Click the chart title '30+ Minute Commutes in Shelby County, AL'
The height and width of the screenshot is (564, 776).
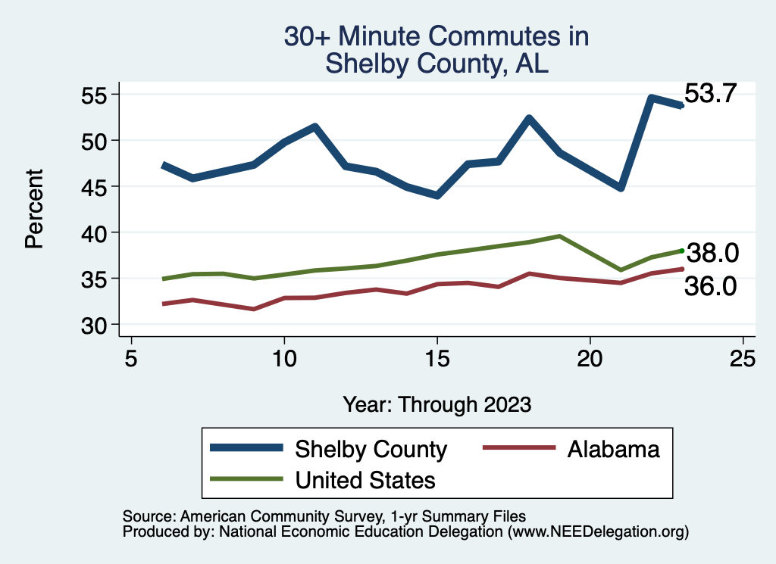[436, 50]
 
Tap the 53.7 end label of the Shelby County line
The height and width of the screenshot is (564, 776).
[710, 94]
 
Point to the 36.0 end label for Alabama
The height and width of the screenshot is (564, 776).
[710, 286]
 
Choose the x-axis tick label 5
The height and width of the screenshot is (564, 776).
[131, 358]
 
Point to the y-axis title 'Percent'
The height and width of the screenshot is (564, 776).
[33, 210]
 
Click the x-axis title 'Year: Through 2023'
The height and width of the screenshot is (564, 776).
[436, 404]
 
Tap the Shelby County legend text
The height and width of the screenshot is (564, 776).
[371, 450]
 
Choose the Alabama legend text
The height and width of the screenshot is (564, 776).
[614, 450]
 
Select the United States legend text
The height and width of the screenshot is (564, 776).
[365, 480]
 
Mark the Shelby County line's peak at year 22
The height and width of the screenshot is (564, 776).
[651, 98]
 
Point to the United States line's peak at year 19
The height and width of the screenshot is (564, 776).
[559, 236]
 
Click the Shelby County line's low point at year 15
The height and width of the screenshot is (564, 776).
[436, 196]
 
